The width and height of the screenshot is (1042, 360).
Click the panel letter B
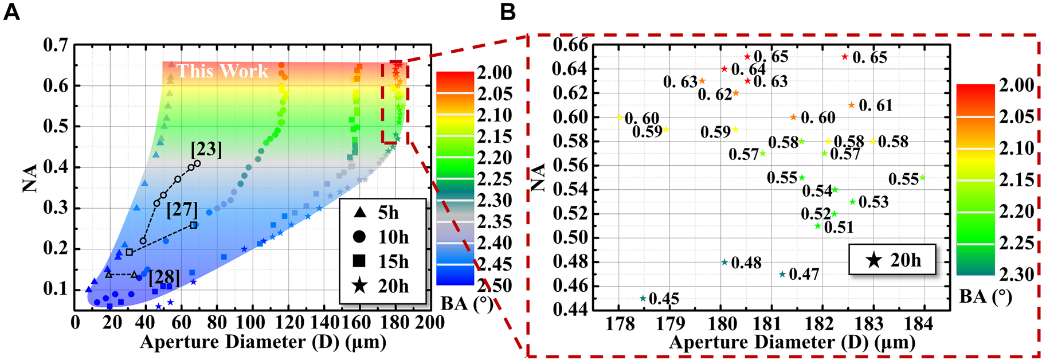pos(508,12)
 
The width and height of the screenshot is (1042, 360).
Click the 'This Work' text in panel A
pos(222,71)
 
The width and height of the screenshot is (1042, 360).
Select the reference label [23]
pos(206,150)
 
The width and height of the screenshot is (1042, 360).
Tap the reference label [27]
pos(182,210)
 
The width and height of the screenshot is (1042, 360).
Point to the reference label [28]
pos(164,279)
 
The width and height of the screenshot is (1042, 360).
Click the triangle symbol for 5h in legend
pos(360,213)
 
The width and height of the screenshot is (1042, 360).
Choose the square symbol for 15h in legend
pos(360,261)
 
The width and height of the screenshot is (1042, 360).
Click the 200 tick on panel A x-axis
pos(430,322)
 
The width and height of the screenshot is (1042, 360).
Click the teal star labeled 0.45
pos(643,299)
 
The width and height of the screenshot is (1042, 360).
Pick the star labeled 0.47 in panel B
pos(782,275)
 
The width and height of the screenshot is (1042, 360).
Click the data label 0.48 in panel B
pos(746,263)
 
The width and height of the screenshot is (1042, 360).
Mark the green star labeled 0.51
pos(818,226)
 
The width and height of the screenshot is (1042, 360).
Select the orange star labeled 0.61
pos(851,105)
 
